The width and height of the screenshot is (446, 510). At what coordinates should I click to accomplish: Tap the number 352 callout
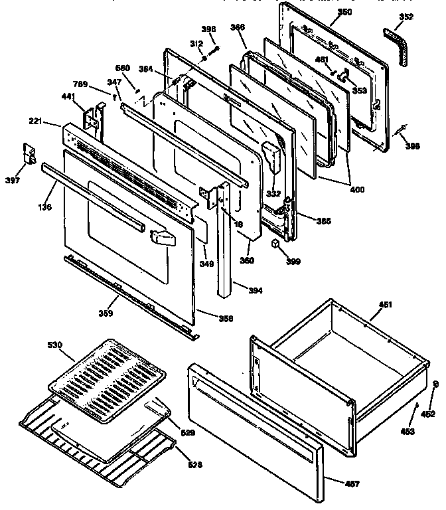point(406,17)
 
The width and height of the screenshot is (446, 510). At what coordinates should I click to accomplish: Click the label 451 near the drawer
point(386,305)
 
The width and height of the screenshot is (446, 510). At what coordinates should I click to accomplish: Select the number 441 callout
point(68,96)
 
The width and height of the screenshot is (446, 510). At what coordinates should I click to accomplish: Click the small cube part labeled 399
point(273,244)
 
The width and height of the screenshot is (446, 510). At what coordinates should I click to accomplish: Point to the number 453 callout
point(407,431)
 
